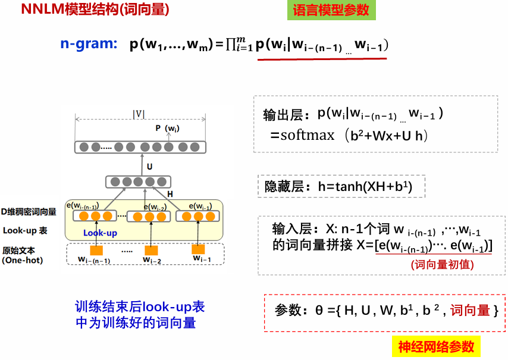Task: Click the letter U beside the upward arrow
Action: [x=149, y=167]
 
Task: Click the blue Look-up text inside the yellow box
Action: [x=100, y=233]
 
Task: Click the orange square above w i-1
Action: [x=198, y=249]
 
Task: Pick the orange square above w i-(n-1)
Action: [x=95, y=251]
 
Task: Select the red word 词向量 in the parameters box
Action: [x=470, y=310]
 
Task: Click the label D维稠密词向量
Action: [x=29, y=211]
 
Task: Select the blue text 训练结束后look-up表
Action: [x=140, y=307]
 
